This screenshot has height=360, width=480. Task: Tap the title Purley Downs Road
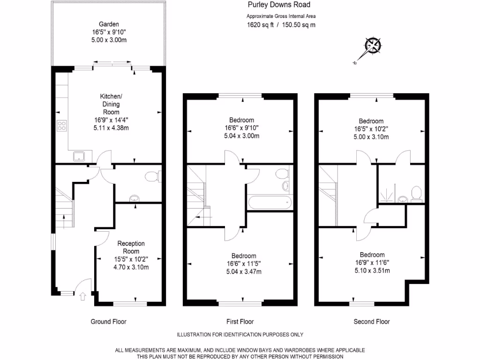click(x=278, y=5)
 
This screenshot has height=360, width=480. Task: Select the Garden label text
click(x=109, y=24)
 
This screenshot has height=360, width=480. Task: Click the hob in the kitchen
click(x=62, y=125)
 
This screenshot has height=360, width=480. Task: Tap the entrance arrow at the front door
click(x=83, y=296)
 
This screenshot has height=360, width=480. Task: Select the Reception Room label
click(x=131, y=247)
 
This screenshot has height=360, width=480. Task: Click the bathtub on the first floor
click(x=270, y=203)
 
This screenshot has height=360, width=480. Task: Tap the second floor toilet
click(x=415, y=193)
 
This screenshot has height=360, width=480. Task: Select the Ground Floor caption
click(x=108, y=322)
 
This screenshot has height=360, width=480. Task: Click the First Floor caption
click(x=240, y=322)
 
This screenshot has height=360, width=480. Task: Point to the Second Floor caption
click(x=371, y=322)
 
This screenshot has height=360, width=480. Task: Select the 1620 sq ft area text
click(x=260, y=25)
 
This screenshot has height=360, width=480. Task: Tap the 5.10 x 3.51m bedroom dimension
click(x=372, y=270)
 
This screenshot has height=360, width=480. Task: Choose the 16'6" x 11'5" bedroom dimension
click(x=243, y=263)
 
